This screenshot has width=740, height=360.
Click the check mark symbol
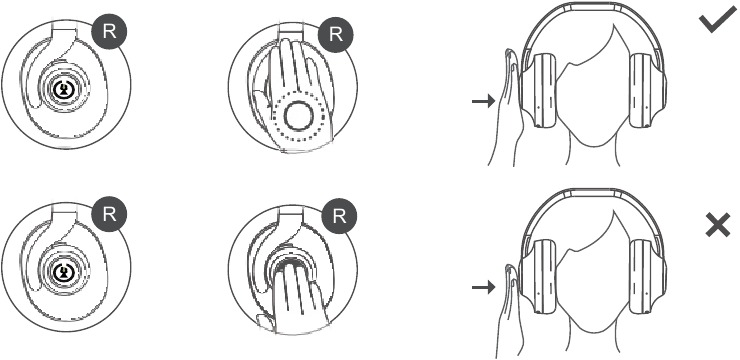(x=718, y=23)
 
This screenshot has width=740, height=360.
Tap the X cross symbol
(x=718, y=225)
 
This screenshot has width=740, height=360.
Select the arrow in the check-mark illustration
(x=483, y=100)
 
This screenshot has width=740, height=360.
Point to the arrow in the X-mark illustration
(x=483, y=286)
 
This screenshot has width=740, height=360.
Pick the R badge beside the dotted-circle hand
(x=336, y=35)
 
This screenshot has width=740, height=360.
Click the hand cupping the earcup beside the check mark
(x=505, y=109)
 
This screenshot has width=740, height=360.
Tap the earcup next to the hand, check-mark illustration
(x=538, y=90)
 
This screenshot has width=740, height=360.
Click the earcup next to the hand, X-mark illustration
(x=538, y=276)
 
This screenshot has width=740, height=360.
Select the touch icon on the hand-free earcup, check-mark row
(x=62, y=90)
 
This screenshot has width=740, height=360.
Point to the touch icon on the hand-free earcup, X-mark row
(x=62, y=272)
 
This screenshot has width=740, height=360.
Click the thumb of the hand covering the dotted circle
(x=260, y=101)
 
